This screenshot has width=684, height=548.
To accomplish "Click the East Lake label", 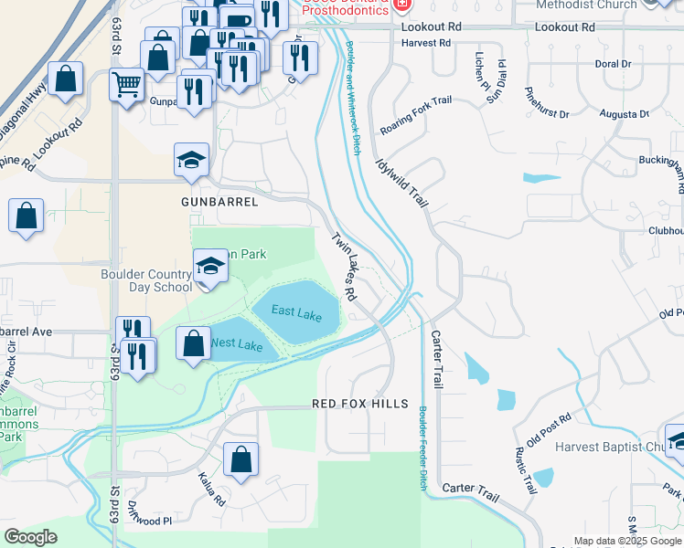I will [x=296, y=313].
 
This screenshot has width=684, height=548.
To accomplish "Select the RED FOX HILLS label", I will [x=357, y=403].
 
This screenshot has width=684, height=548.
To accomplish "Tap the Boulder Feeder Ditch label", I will [x=422, y=448].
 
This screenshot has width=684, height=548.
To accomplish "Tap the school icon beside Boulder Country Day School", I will [x=209, y=268].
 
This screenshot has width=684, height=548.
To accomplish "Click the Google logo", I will [x=30, y=537].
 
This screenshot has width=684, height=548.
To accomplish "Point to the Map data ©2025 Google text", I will [x=625, y=541].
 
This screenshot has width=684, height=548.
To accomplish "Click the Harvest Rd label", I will [x=426, y=43].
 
